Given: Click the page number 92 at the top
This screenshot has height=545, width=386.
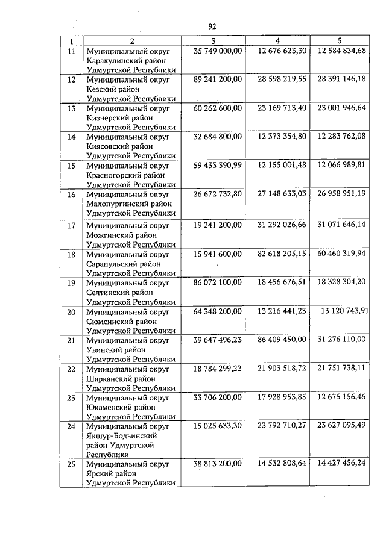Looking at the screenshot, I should pos(212,26).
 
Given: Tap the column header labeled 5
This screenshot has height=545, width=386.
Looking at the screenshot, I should pos(340,41).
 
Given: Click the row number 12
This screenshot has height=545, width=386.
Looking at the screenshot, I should pos(72,79).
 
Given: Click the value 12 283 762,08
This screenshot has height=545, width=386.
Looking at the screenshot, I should pos(341,137).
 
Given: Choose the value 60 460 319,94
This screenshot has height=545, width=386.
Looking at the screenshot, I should pos(341,254).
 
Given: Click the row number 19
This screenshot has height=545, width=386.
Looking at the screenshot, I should pos(72,282).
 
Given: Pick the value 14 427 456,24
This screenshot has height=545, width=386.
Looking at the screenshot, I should pos(341,464).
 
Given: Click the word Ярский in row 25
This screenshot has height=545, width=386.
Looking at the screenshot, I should pos(100,474).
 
